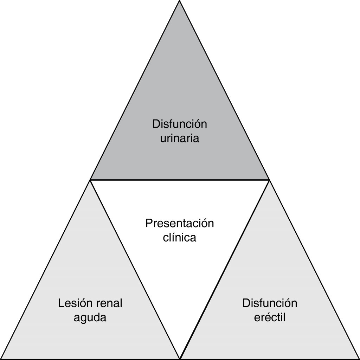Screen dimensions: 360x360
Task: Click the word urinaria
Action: [180, 138]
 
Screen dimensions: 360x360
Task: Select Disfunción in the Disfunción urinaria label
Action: [180, 124]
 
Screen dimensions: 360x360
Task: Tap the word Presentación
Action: [180, 224]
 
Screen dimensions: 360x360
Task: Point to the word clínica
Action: [180, 238]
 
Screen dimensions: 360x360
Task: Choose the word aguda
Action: [90, 318]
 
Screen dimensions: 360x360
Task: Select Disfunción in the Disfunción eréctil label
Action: [270, 303]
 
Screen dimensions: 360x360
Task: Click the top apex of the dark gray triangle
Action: [180, 1]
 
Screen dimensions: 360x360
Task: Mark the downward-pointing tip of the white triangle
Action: [180, 358]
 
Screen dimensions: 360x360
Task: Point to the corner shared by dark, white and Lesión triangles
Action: [90, 180]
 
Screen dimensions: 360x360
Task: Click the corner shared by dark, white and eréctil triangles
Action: [269, 180]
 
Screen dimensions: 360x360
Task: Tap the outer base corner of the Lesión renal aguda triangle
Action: [1, 359]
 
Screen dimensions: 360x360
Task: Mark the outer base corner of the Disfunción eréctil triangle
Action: [359, 359]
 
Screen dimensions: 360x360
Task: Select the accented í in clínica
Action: [172, 238]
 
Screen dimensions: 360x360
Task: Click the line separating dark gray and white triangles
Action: [180, 180]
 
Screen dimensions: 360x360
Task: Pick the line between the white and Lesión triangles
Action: [135, 269]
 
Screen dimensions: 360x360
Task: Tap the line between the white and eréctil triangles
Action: [225, 269]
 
